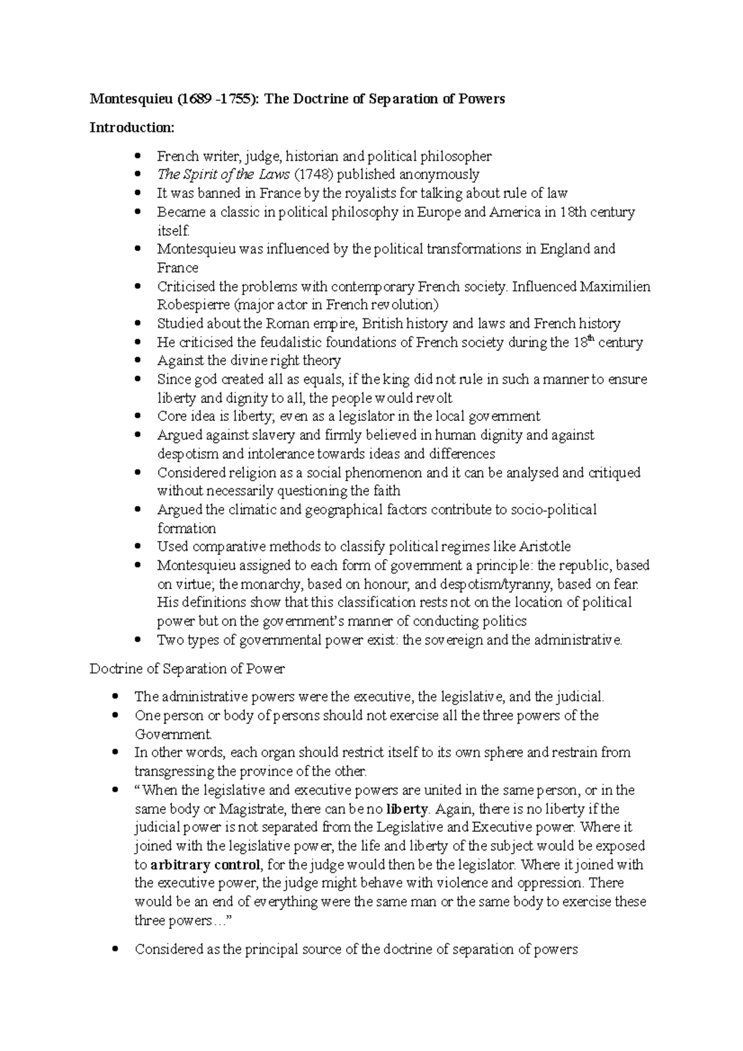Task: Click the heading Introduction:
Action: [x=132, y=128]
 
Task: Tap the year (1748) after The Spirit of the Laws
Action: [x=313, y=175]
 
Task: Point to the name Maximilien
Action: [x=615, y=287]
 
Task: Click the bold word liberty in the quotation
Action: [x=407, y=809]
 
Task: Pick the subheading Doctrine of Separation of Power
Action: [x=187, y=668]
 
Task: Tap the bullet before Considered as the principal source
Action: [x=114, y=949]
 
